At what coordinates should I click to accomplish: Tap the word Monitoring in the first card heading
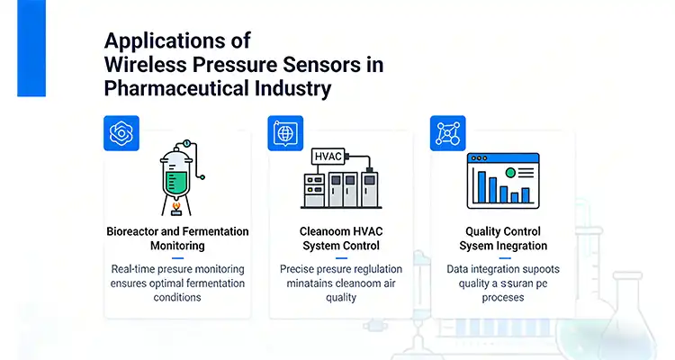click(176, 245)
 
